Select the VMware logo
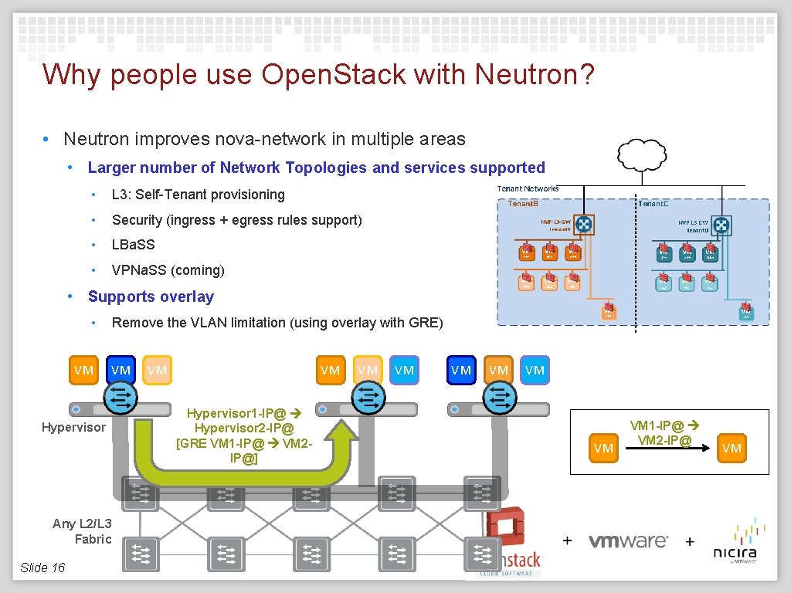click(x=628, y=540)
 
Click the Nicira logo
click(x=735, y=541)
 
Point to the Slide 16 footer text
click(x=42, y=568)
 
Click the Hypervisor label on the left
click(x=73, y=427)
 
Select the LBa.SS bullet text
click(x=134, y=245)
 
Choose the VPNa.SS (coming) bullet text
click(x=168, y=270)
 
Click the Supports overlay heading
click(x=151, y=296)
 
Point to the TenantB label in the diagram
click(x=523, y=203)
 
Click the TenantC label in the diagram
click(x=652, y=203)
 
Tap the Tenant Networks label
click(x=528, y=188)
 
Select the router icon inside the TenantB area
click(x=583, y=224)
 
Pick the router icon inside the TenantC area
click(x=721, y=225)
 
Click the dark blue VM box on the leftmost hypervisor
click(x=121, y=370)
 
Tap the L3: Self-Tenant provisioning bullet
click(x=199, y=195)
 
